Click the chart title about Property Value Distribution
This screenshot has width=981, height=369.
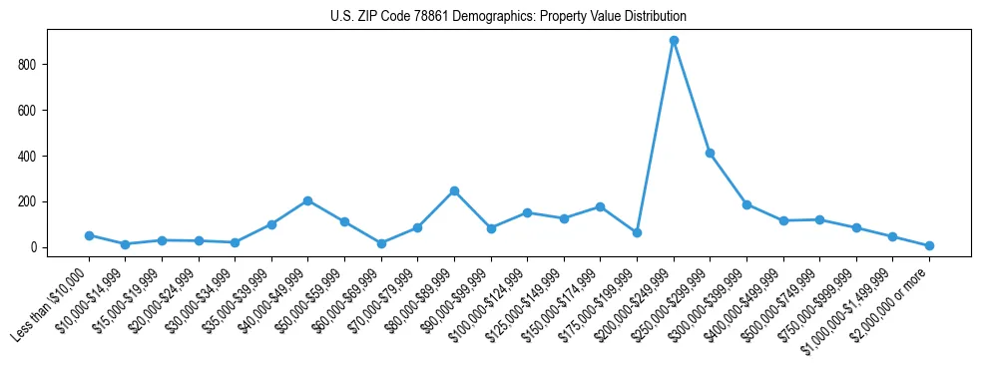(x=508, y=17)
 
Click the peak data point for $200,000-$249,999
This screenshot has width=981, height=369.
(x=674, y=41)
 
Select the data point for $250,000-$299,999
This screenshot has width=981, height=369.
(x=710, y=153)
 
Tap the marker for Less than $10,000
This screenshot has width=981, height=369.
(x=89, y=235)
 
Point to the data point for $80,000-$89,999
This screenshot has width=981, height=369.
(x=454, y=190)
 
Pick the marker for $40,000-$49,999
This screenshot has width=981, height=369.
(x=307, y=200)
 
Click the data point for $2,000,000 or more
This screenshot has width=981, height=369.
(x=929, y=245)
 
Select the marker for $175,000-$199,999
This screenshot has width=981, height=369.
(x=637, y=232)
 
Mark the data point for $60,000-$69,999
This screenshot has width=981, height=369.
(x=381, y=243)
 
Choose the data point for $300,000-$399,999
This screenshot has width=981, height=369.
(x=746, y=204)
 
